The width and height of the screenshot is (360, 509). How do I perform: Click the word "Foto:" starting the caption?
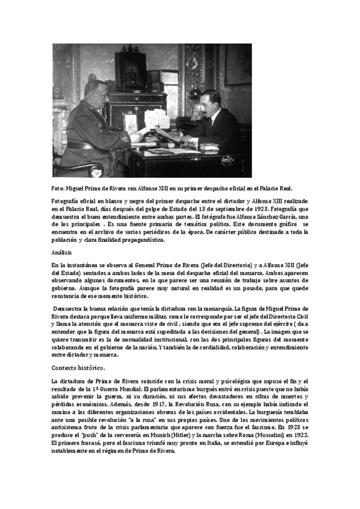point(58,188)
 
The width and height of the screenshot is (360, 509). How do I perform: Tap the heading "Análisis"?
point(61,252)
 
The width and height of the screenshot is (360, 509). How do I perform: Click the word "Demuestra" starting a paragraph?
point(69,309)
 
